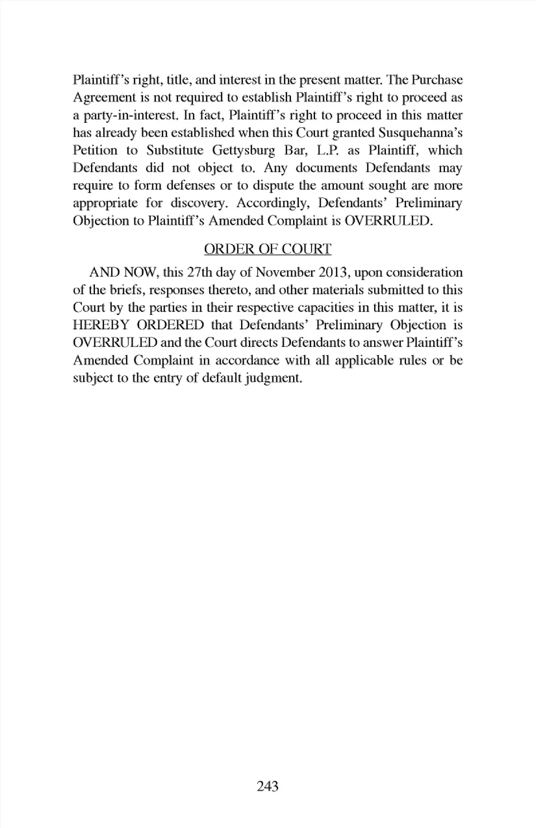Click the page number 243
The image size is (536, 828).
[267, 786]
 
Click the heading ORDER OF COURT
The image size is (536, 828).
[267, 249]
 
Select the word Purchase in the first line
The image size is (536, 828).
[437, 80]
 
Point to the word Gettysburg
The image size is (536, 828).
[243, 150]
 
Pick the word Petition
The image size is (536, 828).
[95, 150]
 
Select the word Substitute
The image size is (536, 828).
[175, 150]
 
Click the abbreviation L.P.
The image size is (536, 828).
[328, 150]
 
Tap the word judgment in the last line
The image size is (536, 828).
[274, 378]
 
